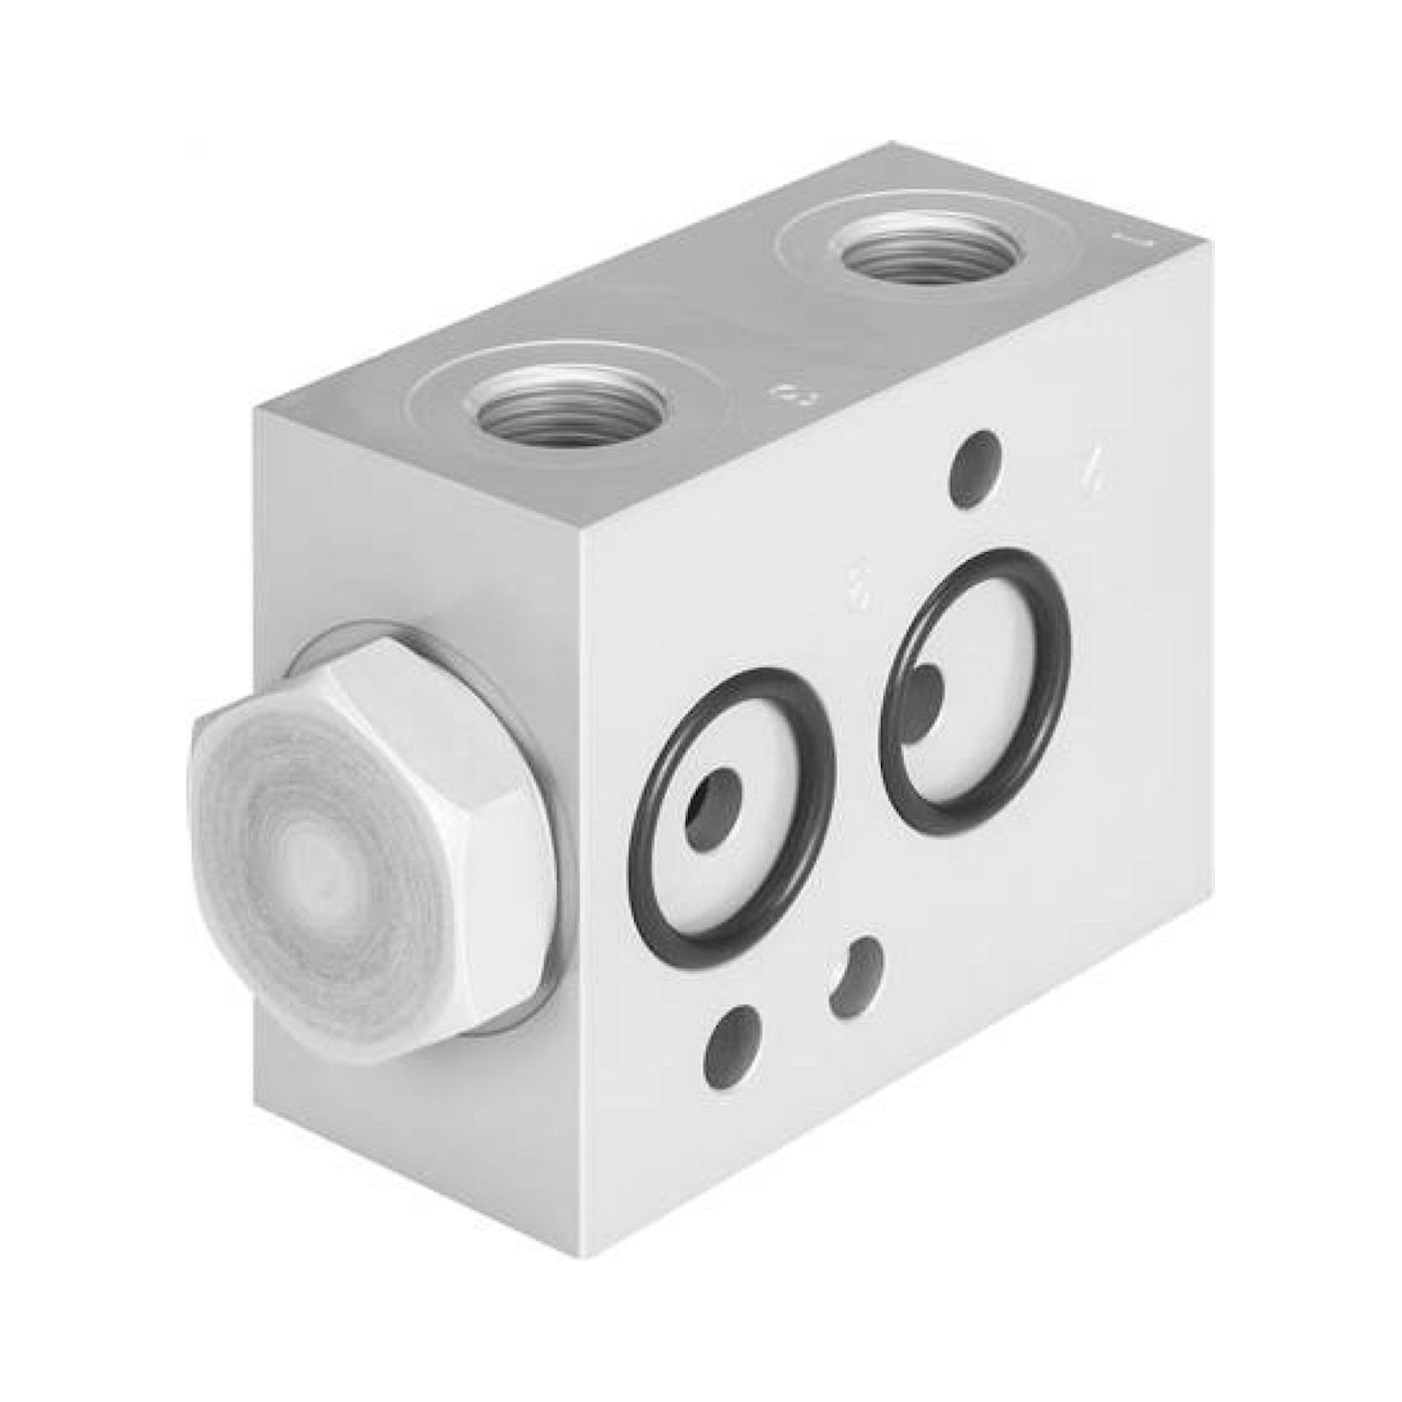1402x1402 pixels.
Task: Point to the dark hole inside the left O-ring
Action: tap(715, 809)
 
